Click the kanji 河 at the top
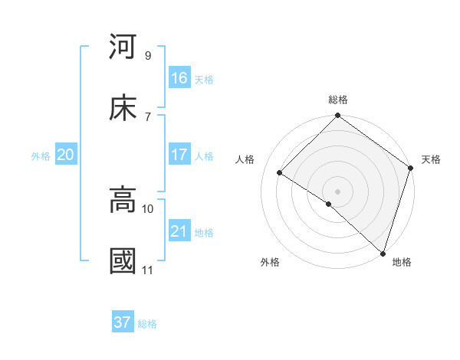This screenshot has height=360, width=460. (x=123, y=47)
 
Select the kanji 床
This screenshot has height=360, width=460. (x=123, y=108)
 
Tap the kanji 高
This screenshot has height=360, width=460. (x=123, y=201)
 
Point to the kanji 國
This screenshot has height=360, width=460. (x=123, y=260)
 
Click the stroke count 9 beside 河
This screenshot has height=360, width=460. (x=147, y=55)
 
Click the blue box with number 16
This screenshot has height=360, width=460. (x=179, y=78)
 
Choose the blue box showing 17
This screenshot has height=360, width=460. (x=179, y=155)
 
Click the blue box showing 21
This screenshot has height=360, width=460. (x=179, y=231)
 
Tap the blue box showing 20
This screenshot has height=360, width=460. (x=65, y=155)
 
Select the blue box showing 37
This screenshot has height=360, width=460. (x=122, y=322)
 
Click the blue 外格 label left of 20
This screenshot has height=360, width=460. (x=41, y=156)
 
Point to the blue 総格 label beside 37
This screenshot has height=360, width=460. (x=147, y=324)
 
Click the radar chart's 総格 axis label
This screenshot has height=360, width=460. (x=337, y=100)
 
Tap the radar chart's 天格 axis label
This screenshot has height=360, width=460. (x=431, y=159)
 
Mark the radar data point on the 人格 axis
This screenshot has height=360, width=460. (x=280, y=173)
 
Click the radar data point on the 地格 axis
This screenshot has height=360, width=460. (x=383, y=253)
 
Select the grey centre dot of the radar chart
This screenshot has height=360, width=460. (x=337, y=191)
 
